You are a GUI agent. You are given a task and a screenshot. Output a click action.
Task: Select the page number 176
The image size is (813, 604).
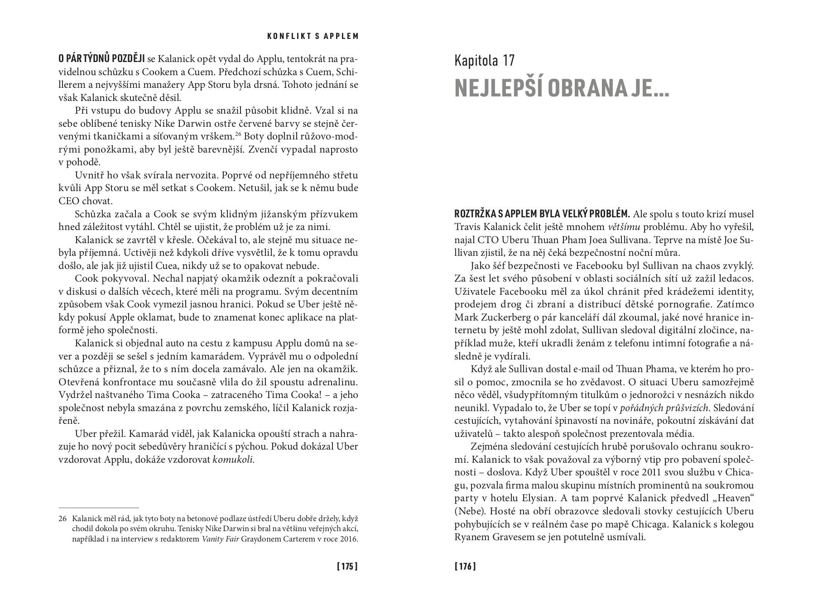[x=465, y=566]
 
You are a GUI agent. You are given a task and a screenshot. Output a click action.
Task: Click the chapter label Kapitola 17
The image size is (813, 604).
[x=485, y=61]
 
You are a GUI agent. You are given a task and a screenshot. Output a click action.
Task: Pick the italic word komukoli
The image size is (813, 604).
[x=233, y=460]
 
